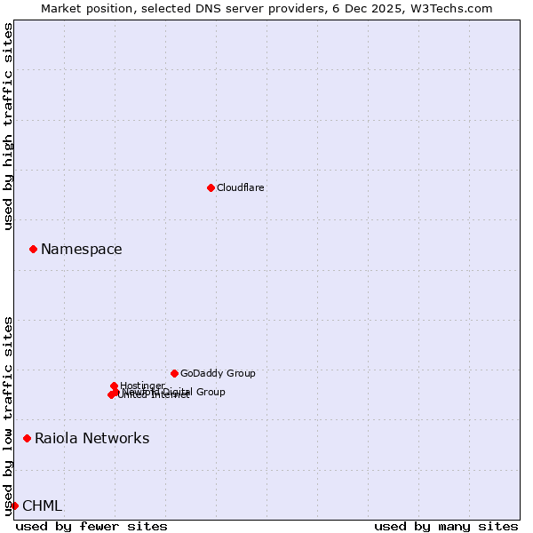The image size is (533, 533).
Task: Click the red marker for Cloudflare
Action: (211, 187)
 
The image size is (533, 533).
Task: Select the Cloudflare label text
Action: (241, 187)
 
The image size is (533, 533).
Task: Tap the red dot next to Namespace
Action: (33, 249)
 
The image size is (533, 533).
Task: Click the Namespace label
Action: (82, 250)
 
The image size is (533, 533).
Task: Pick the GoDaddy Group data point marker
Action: (174, 373)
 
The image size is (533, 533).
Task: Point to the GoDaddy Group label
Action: (218, 373)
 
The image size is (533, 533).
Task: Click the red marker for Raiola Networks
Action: (27, 438)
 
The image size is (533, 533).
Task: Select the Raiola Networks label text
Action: (92, 439)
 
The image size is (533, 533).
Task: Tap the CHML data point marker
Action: (14, 505)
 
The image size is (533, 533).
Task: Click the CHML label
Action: (43, 506)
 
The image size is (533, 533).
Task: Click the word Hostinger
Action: (143, 385)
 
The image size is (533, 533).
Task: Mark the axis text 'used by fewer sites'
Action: (91, 526)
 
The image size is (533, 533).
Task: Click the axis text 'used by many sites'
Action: (446, 526)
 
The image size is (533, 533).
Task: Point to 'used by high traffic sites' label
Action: (9, 126)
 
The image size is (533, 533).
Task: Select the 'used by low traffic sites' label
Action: (9, 415)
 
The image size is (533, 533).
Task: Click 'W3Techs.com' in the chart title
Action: (457, 8)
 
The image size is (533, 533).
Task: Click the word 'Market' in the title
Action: (61, 8)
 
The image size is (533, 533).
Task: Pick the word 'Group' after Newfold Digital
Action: (210, 392)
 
